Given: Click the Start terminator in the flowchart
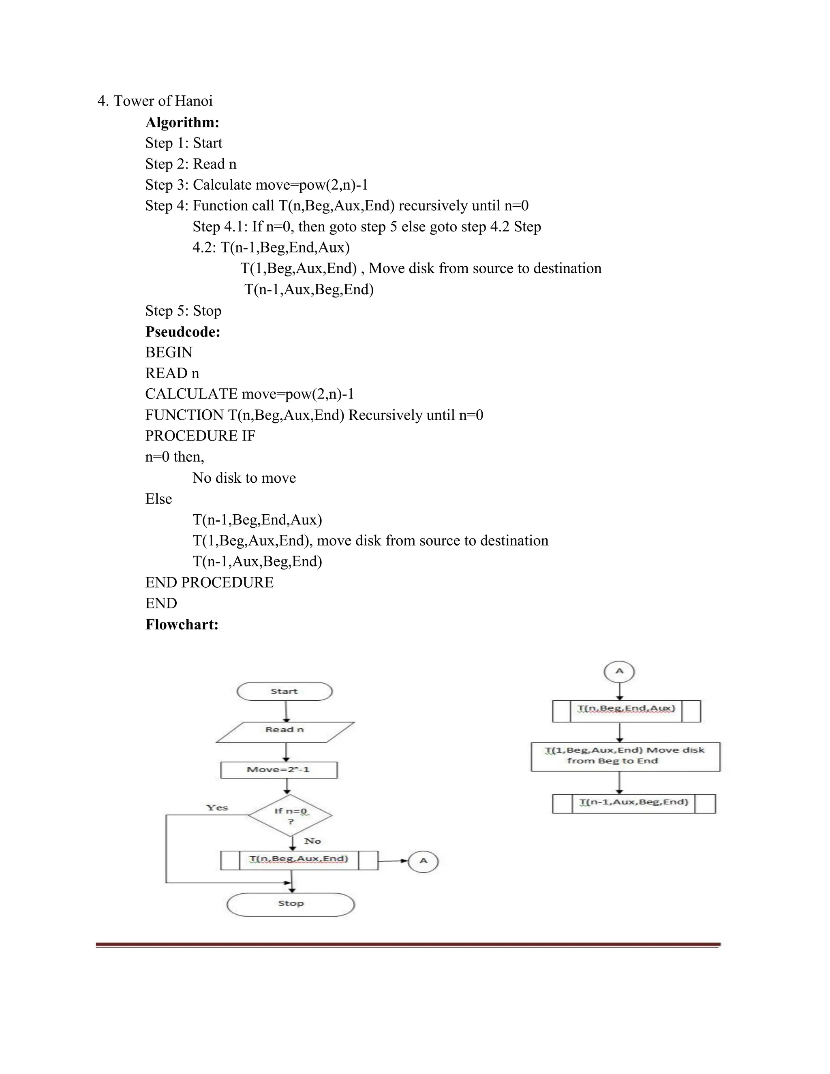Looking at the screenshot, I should (284, 691).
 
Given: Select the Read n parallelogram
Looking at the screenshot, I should (285, 732).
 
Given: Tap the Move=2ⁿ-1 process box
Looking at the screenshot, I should (279, 770).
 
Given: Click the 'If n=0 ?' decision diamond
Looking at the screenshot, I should (290, 815).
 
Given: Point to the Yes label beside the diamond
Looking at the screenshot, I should (217, 807).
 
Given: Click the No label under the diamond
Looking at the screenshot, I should (312, 841).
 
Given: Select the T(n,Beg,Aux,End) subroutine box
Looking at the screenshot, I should (299, 860).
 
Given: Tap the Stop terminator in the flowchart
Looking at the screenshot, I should (291, 904).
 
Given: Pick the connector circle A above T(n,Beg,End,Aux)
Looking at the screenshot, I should (619, 671).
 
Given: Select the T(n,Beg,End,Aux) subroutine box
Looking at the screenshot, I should (626, 710).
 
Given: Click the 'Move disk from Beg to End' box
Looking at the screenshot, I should (625, 756).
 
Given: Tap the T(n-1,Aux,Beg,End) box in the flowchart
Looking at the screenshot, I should (633, 803).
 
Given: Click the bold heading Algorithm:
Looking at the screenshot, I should (182, 122).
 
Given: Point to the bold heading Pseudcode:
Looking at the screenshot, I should (182, 332).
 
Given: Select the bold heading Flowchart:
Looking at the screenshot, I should (182, 625).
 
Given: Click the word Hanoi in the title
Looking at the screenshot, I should (194, 101).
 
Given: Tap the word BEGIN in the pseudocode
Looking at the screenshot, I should (169, 352).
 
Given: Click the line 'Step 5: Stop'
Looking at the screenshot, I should (183, 310).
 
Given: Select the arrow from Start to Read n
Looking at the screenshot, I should (286, 711).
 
